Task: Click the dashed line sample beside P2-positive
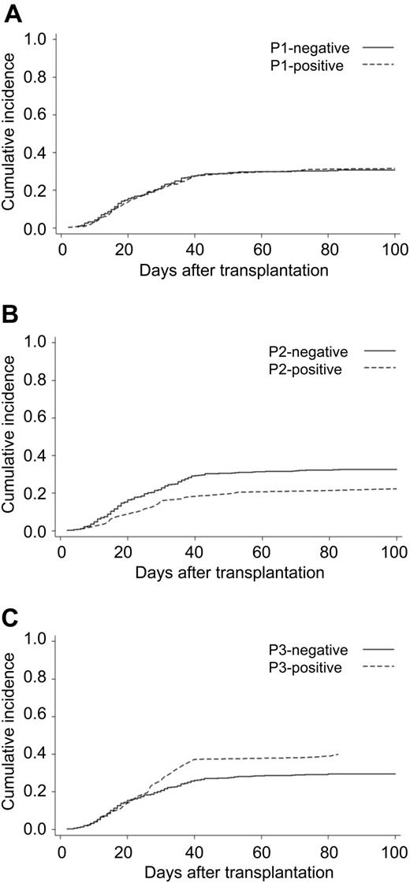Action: pos(378,369)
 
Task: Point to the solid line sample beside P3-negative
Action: pos(378,651)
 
